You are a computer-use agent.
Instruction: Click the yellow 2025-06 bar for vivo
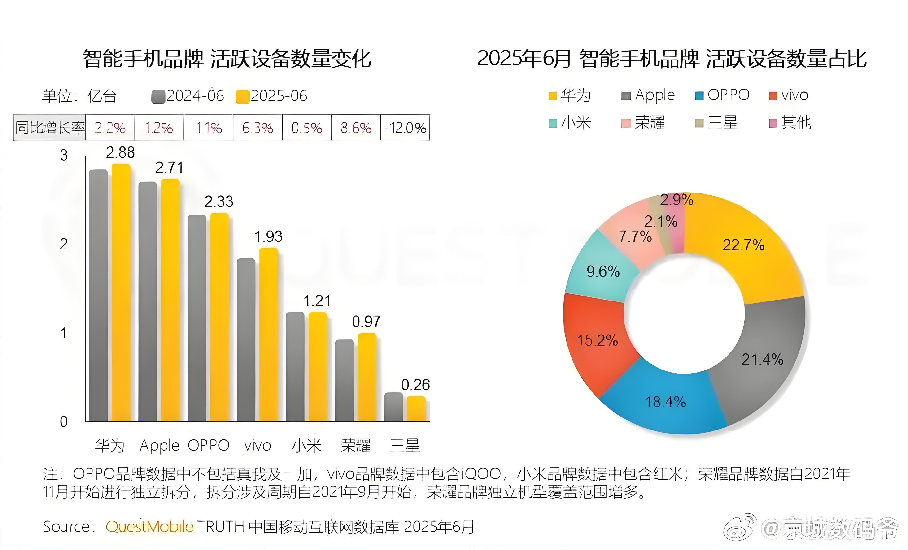point(269,335)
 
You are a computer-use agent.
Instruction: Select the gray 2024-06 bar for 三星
point(393,407)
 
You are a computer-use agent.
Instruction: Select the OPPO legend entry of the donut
point(722,95)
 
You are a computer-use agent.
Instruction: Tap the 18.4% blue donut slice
point(665,401)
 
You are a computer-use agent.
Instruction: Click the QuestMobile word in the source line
point(149,526)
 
